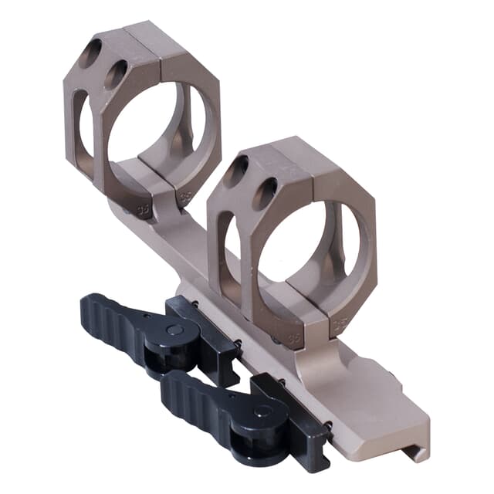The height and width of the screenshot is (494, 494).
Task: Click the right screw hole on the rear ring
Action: [x=116, y=74]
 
